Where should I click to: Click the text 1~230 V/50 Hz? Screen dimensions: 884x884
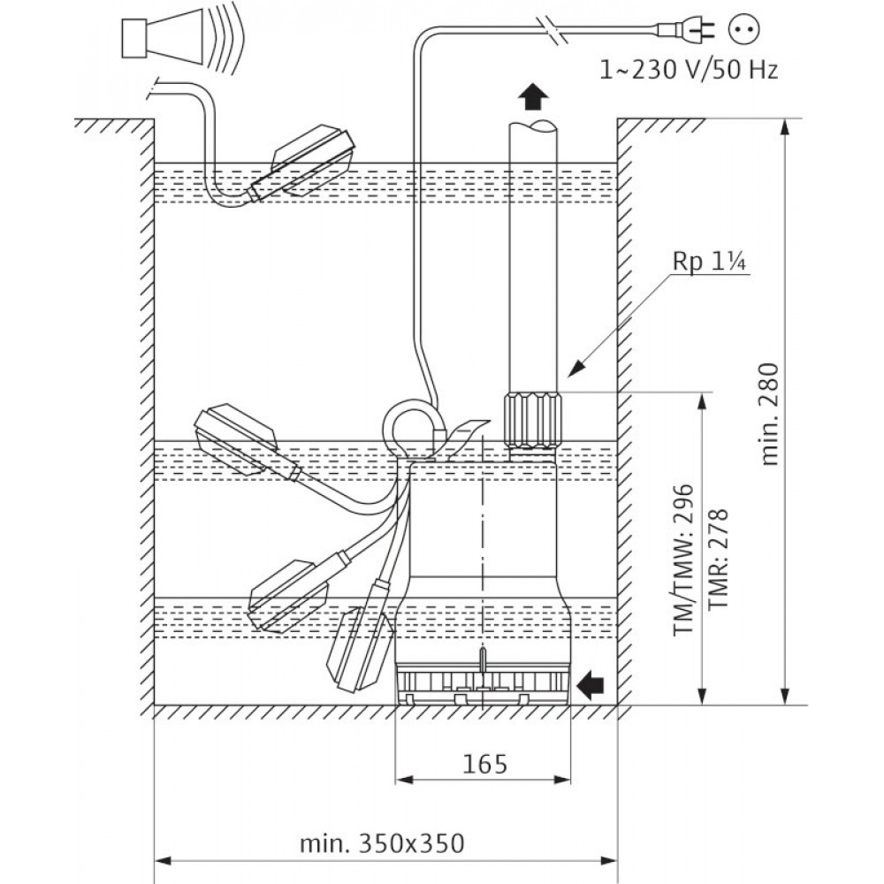(x=689, y=70)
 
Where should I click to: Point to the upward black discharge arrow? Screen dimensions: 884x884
(x=532, y=96)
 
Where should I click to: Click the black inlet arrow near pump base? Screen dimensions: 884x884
(x=591, y=684)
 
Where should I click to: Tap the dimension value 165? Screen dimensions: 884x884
(x=484, y=764)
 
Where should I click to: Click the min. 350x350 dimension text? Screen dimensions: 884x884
(x=382, y=843)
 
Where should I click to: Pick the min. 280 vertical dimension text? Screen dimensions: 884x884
(x=769, y=413)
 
